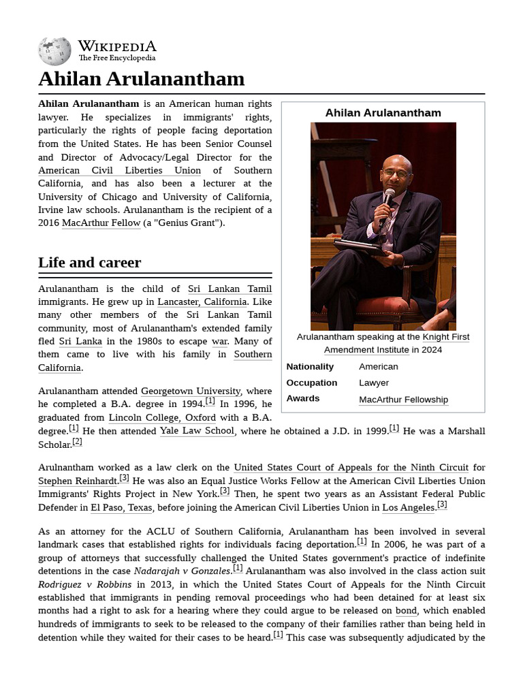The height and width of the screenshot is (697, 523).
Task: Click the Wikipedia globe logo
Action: click(x=54, y=51)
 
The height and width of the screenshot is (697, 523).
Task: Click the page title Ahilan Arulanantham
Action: click(x=141, y=79)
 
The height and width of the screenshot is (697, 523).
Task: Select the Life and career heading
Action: click(x=89, y=262)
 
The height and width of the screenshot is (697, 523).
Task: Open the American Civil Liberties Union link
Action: click(x=119, y=170)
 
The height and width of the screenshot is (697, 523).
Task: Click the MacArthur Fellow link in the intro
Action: click(x=101, y=223)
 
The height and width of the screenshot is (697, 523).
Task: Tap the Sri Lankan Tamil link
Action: click(x=229, y=289)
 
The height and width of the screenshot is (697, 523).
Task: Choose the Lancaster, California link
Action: click(x=202, y=302)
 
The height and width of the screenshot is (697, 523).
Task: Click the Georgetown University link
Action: click(x=190, y=391)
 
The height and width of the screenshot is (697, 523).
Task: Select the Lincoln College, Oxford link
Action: click(x=162, y=417)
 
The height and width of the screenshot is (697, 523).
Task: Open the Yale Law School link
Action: click(x=197, y=431)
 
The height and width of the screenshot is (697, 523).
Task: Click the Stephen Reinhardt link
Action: click(x=78, y=481)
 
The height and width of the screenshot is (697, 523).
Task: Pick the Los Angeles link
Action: click(x=409, y=507)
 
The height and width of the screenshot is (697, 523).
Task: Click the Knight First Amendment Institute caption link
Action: click(x=396, y=343)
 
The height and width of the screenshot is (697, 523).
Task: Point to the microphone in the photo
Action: click(x=388, y=197)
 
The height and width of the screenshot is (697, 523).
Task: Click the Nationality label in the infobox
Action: click(x=310, y=366)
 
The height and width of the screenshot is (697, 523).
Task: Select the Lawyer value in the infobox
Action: click(x=373, y=383)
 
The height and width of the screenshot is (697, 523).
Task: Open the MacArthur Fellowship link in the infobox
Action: click(x=403, y=400)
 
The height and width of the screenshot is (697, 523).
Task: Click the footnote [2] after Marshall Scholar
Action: click(x=77, y=442)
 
